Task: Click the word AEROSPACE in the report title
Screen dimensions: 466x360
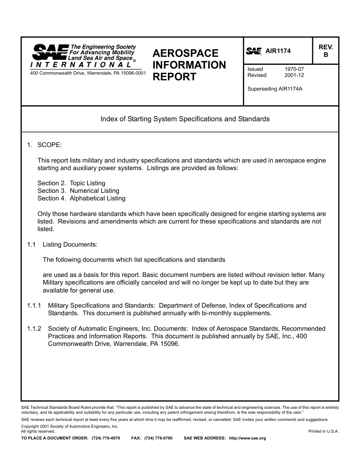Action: coord(185,53)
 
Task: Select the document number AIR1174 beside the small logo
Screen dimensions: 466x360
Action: coord(278,51)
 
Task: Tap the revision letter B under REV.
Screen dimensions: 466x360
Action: coord(326,55)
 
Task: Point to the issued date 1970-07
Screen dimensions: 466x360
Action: coord(294,69)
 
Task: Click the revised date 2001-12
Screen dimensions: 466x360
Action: coord(294,75)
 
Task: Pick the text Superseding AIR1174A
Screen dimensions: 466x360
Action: coord(275,89)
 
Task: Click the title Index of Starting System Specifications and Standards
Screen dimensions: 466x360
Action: coord(185,119)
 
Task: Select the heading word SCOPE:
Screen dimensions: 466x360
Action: coord(50,145)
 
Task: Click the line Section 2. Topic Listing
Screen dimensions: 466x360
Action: coord(71,183)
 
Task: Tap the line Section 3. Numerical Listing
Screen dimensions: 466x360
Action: coord(78,191)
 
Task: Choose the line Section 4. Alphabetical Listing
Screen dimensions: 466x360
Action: coord(81,199)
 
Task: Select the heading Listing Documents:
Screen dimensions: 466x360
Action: coord(70,245)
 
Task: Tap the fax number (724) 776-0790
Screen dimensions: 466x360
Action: coord(158,438)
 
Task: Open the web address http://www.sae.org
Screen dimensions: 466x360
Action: coord(247,438)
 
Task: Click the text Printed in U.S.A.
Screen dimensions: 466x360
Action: coord(323,432)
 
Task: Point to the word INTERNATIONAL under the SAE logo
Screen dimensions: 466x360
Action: coord(81,65)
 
